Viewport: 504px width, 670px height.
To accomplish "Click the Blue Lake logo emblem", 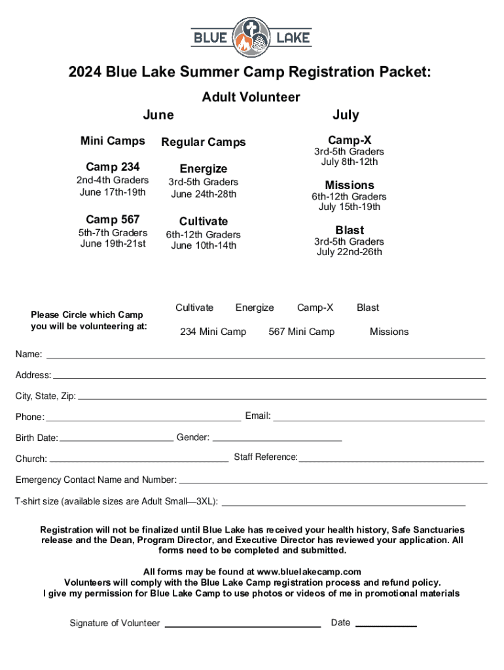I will pyautogui.click(x=251, y=37).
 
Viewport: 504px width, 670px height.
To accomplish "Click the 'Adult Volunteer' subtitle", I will pyautogui.click(x=251, y=97).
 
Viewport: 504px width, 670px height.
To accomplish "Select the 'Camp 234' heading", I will pyautogui.click(x=113, y=167).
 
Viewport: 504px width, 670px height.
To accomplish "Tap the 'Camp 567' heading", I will pyautogui.click(x=113, y=219).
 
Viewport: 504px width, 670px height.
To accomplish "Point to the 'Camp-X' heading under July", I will pyautogui.click(x=350, y=141).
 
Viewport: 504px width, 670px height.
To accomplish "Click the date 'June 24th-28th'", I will pyautogui.click(x=204, y=194).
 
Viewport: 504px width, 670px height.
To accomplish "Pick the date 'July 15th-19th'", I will pyautogui.click(x=350, y=207).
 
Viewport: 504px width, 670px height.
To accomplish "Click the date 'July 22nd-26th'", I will pyautogui.click(x=350, y=252).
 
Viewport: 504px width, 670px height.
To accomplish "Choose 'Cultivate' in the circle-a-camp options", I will pyautogui.click(x=194, y=308).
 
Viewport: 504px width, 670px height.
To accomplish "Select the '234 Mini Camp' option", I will pyautogui.click(x=213, y=332).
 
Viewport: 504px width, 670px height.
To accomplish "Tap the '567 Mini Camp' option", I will pyautogui.click(x=301, y=332).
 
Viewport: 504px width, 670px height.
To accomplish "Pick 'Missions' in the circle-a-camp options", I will pyautogui.click(x=389, y=332).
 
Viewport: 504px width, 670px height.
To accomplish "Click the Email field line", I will pyautogui.click(x=378, y=419).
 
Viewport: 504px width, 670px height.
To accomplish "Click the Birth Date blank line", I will pyautogui.click(x=116, y=440).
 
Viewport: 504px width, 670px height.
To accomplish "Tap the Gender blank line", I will pyautogui.click(x=278, y=440).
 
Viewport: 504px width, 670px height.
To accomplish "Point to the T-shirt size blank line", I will pyautogui.click(x=344, y=505).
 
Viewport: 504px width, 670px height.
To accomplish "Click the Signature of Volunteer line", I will pyautogui.click(x=242, y=626).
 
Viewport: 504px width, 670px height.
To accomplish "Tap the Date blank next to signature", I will pyautogui.click(x=386, y=626).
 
